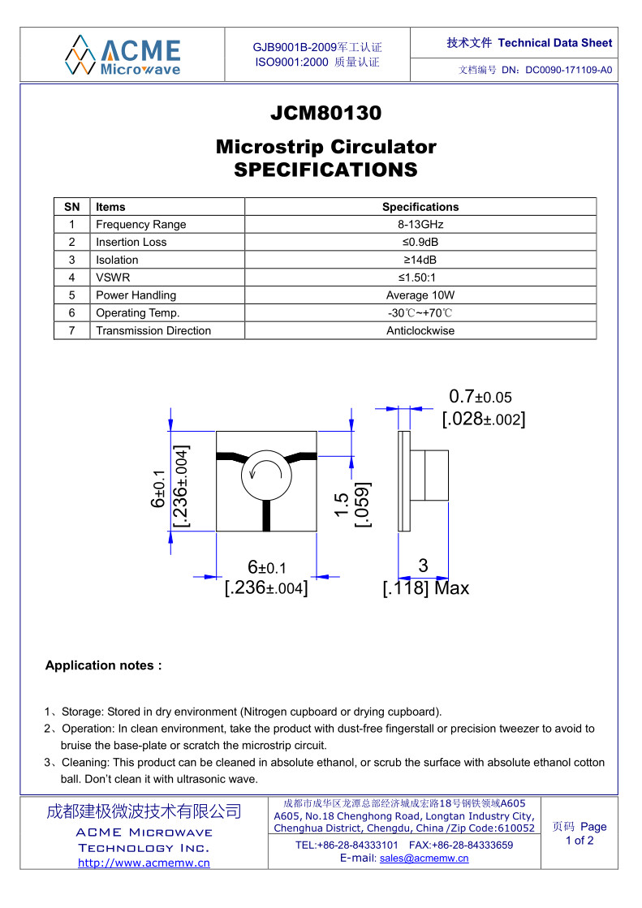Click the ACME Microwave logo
123,54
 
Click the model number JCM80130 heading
325,114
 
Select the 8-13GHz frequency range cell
420,225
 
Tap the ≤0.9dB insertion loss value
420,243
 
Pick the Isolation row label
117,260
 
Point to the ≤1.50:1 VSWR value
420,278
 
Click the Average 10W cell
420,295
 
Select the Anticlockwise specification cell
420,331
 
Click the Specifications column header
420,207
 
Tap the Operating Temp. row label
137,313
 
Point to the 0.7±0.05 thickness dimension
480,397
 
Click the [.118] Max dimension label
425,588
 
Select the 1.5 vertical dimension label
342,505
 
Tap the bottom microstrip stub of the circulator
266,514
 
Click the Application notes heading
104,665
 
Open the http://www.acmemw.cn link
144,863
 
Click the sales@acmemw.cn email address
424,859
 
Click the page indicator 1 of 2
579,841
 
